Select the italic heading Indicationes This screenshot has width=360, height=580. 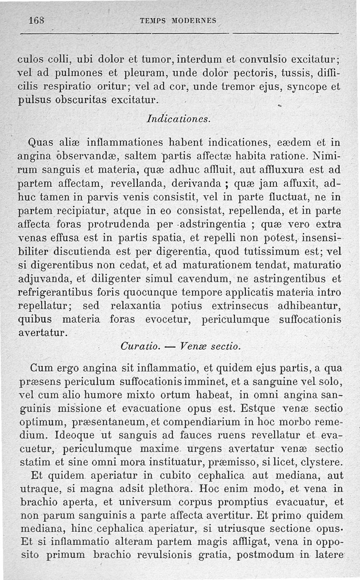click(178, 119)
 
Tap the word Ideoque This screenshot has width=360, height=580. click(71, 436)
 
